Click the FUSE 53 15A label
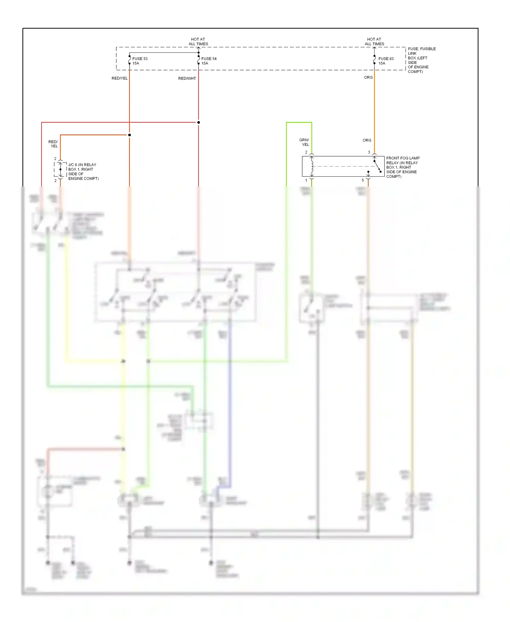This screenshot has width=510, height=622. point(140,61)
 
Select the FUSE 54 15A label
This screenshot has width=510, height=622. point(209,61)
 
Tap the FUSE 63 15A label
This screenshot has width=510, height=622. point(386,61)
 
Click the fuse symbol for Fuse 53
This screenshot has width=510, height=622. point(130,60)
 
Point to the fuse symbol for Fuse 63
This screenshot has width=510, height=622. point(374,60)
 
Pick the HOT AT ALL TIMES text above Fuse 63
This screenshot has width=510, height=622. point(374,42)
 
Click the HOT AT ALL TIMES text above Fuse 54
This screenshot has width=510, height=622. point(198,42)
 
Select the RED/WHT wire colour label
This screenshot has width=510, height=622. point(187,79)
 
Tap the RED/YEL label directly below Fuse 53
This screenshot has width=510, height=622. point(120,78)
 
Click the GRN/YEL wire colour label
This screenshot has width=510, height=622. point(304,142)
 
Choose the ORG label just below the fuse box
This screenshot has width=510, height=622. point(368,78)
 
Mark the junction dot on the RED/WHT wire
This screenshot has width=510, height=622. point(199,122)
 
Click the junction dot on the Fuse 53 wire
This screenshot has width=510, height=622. point(130,135)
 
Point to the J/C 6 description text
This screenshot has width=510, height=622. point(83,171)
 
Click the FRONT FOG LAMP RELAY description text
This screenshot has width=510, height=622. point(403,167)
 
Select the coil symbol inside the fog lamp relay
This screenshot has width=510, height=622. point(312,166)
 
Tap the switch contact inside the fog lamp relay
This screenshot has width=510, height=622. point(377,166)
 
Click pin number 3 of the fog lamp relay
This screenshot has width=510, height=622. point(369,152)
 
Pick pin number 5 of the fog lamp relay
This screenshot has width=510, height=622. point(363,180)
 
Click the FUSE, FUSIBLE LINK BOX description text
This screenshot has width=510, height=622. point(421,60)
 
